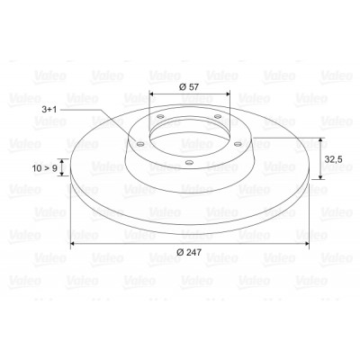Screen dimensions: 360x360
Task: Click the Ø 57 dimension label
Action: (189, 87)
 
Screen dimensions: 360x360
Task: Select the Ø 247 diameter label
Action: (189, 252)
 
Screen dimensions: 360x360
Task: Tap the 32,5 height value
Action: (333, 159)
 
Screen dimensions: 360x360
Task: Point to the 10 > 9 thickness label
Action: (45, 168)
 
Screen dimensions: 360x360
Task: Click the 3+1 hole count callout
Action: (49, 110)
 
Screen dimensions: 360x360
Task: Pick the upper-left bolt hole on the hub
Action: (161, 116)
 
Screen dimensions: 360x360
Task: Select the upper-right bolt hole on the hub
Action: (218, 116)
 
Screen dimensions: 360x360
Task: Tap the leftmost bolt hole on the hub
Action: (139, 144)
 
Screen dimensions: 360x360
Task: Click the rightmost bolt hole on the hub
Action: (238, 144)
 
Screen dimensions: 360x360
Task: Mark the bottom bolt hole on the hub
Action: (189, 163)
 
